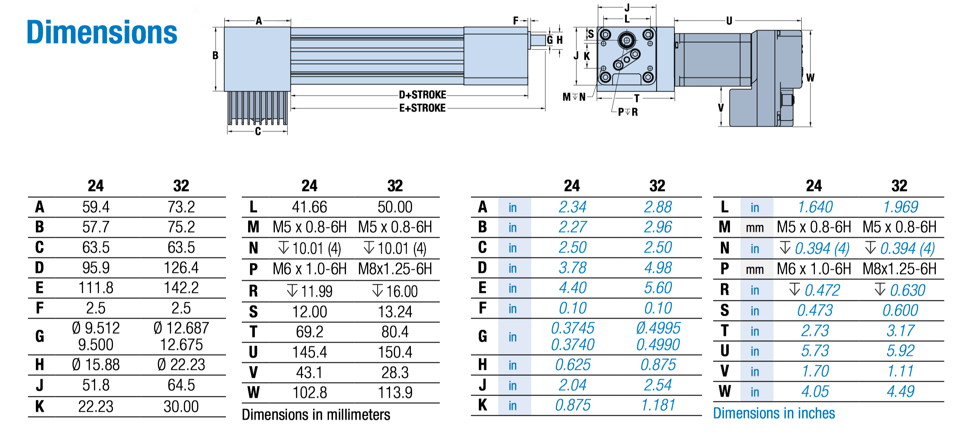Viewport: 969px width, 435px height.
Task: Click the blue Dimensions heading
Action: [102, 32]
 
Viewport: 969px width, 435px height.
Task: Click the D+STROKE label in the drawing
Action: [423, 95]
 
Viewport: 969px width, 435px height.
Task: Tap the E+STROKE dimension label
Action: [423, 108]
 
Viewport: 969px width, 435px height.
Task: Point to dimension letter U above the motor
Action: [729, 21]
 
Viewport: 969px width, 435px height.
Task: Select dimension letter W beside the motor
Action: [810, 78]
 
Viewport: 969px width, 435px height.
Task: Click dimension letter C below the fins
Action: [258, 132]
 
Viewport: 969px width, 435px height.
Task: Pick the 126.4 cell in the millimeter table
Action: [181, 268]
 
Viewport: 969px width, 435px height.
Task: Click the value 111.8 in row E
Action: [96, 288]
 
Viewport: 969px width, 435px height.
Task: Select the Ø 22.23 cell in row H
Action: [181, 365]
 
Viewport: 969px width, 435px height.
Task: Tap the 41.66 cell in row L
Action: [309, 207]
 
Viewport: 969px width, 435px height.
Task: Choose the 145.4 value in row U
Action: [309, 352]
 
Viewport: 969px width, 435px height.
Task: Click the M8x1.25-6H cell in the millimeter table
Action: [395, 269]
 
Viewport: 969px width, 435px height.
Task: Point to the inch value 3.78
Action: [572, 268]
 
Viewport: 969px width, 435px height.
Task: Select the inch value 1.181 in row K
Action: [658, 405]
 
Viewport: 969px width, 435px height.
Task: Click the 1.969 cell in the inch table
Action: [900, 207]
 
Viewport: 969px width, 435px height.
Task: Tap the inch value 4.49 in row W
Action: [900, 392]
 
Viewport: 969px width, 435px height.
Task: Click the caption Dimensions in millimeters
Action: [316, 415]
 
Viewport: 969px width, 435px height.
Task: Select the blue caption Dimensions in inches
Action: [774, 413]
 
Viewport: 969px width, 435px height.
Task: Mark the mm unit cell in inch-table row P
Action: [755, 269]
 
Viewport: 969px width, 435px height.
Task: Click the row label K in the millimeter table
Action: [40, 407]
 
